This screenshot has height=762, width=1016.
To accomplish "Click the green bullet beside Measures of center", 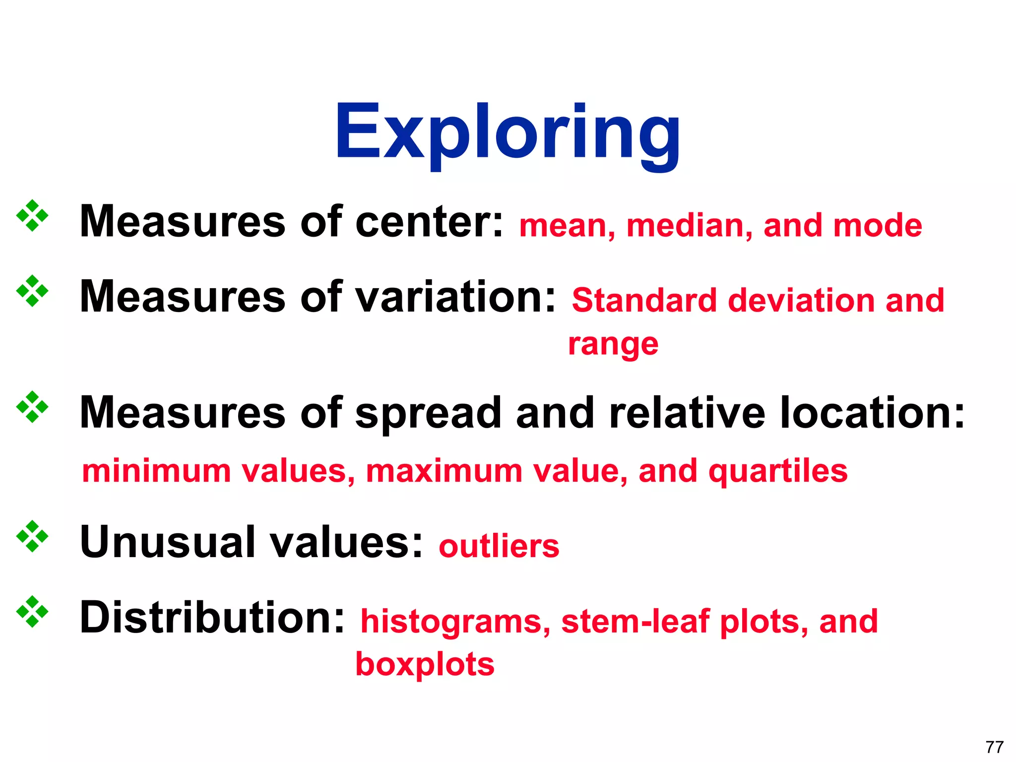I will (32, 216).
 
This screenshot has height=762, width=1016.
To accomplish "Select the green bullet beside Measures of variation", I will (32, 291).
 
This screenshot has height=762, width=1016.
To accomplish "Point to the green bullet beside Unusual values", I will (32, 536).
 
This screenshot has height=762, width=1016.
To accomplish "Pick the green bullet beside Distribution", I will (32, 612).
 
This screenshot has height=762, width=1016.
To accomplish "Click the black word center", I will (429, 222).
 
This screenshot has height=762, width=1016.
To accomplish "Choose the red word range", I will (613, 344).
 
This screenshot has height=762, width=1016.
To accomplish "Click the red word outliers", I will (499, 546).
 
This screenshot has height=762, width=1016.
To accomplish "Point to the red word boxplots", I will (425, 664).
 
